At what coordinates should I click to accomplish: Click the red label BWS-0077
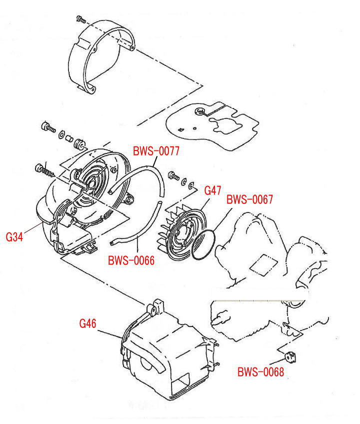155,150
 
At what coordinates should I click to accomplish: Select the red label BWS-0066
131,261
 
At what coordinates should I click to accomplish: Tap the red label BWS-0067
249,199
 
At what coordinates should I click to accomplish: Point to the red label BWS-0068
260,372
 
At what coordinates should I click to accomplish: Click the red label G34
14,237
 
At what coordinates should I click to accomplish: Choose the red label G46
87,323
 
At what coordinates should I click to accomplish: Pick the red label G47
213,190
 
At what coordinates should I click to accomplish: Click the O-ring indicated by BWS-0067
204,245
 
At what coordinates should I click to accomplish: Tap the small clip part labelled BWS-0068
289,356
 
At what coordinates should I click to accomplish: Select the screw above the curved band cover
80,19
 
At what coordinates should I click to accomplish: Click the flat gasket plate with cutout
212,125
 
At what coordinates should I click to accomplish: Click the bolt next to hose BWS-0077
173,176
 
